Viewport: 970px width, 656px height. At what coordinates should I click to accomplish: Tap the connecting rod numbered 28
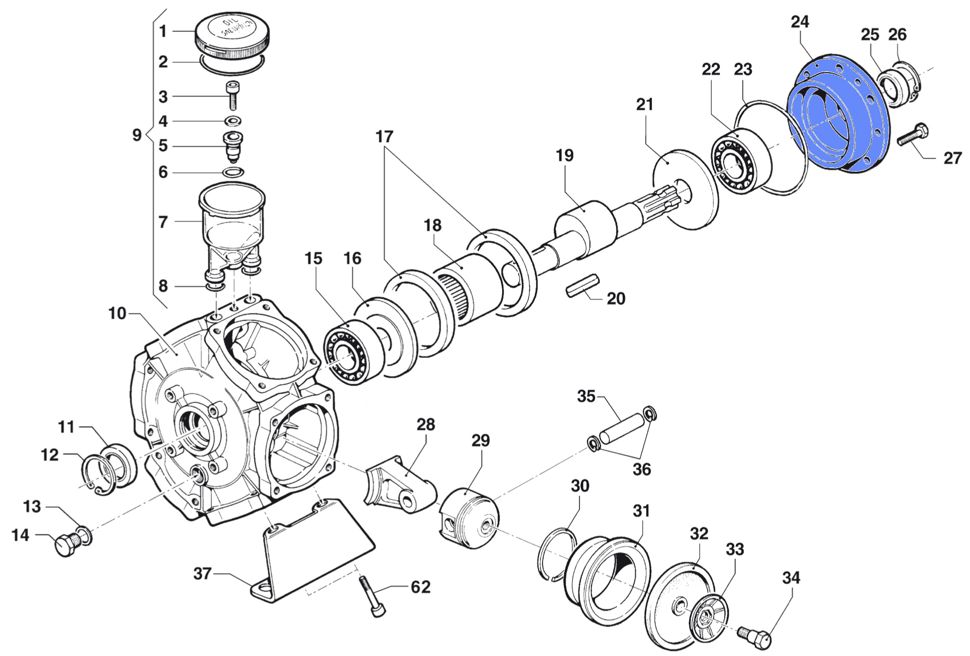coord(400,483)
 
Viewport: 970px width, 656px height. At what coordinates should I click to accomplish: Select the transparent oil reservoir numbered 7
coord(232,224)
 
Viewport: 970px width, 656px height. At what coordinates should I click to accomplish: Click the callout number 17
coord(384,137)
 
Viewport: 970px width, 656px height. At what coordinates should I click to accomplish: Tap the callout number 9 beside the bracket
coord(137,135)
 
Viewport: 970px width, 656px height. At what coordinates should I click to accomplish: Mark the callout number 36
coord(641,469)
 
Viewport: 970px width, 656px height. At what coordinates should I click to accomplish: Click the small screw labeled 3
coord(232,96)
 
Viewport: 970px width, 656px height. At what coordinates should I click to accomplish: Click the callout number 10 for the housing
coord(117,313)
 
